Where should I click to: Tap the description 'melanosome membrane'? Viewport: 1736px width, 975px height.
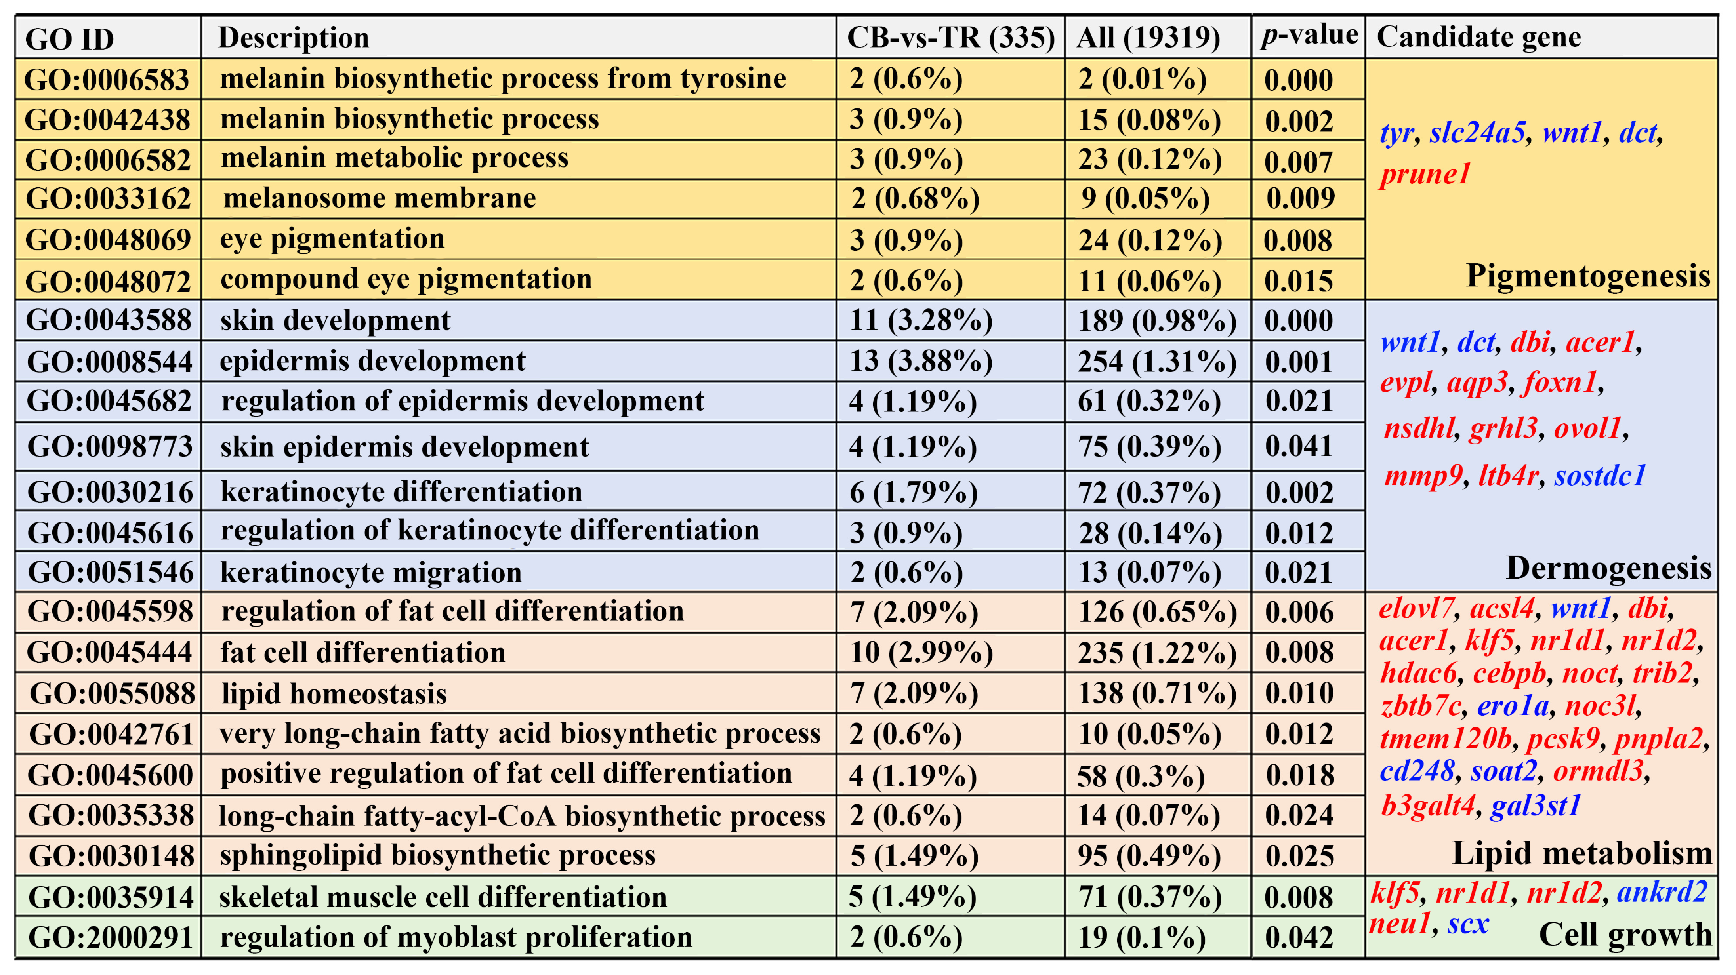point(380,198)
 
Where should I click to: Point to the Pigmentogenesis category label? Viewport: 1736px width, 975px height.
point(1588,276)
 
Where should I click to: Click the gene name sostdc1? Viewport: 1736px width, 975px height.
point(1600,476)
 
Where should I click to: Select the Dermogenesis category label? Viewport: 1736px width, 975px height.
point(1608,568)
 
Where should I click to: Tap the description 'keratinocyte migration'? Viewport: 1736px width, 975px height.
point(371,573)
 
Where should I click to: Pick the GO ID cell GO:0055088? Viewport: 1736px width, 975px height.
point(112,693)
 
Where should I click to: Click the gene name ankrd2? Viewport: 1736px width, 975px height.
point(1662,892)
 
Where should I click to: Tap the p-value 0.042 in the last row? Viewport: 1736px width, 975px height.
point(1299,937)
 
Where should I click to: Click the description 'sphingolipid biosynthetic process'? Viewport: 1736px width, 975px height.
point(437,855)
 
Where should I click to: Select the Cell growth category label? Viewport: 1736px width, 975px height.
point(1625,935)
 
